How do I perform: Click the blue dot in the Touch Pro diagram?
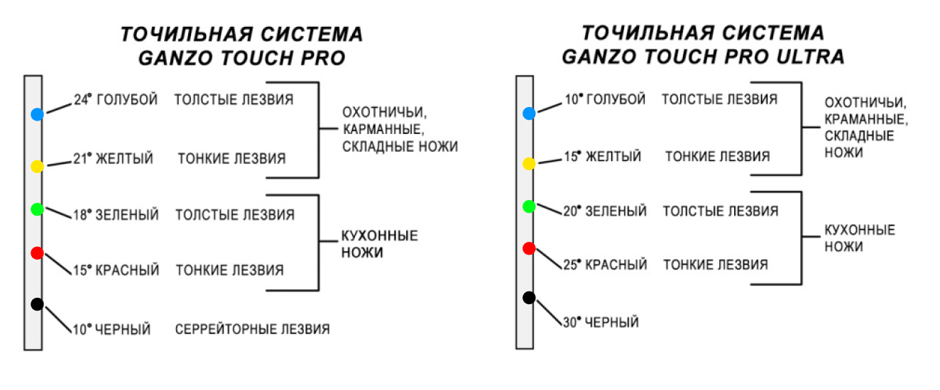[x=38, y=114]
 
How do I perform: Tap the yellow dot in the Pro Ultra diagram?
[x=529, y=163]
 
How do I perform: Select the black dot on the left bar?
[x=38, y=304]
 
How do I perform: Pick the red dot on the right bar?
[x=529, y=248]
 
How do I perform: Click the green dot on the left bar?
[x=38, y=208]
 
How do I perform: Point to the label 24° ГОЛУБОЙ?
[x=116, y=100]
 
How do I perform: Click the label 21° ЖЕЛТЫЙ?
[x=114, y=159]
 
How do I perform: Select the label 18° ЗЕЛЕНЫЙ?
[x=116, y=215]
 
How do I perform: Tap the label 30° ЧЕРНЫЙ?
[x=601, y=322]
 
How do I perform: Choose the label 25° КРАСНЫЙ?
[x=605, y=264]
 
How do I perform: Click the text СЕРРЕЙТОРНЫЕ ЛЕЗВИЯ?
[x=252, y=329]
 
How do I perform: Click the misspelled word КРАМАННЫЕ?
[x=866, y=119]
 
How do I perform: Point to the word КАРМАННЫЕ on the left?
[x=383, y=130]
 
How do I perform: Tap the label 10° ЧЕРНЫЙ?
[x=111, y=329]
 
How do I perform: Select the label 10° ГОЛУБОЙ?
[x=605, y=99]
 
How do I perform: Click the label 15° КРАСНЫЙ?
[x=116, y=270]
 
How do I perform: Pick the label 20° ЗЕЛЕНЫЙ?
[x=605, y=211]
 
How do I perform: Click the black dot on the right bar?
[x=529, y=298]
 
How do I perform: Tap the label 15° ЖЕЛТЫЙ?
[x=603, y=157]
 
